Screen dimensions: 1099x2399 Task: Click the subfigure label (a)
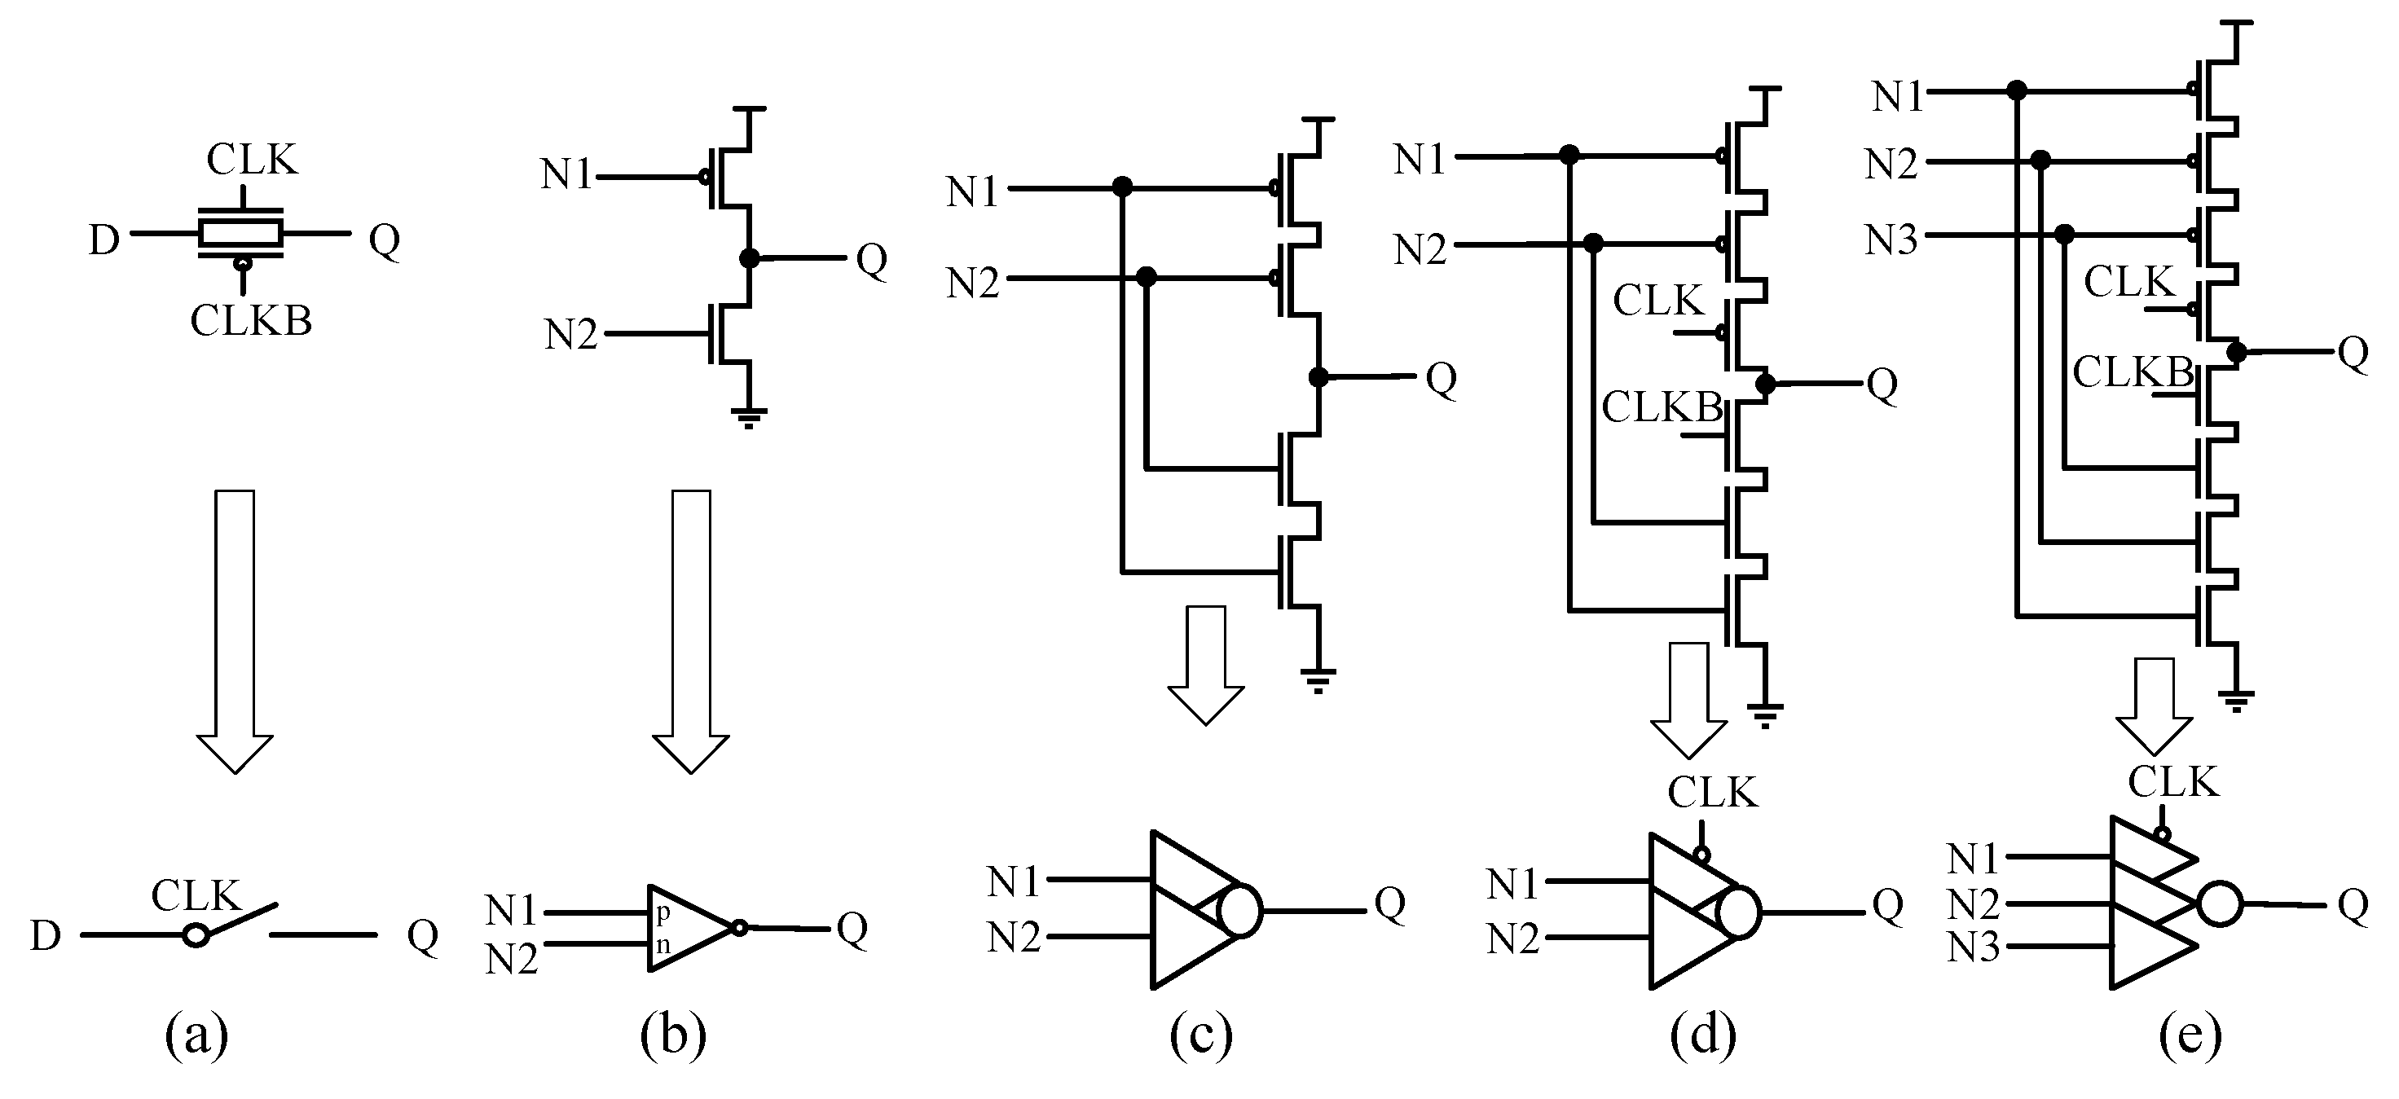click(x=196, y=1035)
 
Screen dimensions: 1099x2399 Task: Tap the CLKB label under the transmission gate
click(x=250, y=320)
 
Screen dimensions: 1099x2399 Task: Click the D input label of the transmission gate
click(x=104, y=240)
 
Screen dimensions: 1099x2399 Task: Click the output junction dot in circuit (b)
click(x=749, y=258)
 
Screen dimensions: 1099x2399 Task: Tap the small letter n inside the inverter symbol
click(x=663, y=945)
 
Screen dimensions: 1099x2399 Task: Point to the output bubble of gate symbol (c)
click(x=1239, y=910)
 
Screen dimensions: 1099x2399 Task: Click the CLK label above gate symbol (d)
click(x=1712, y=793)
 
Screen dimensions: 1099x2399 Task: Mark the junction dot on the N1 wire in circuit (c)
click(x=1122, y=188)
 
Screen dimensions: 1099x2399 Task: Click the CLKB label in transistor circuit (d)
click(x=1662, y=407)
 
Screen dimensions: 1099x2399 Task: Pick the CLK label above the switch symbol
click(x=196, y=896)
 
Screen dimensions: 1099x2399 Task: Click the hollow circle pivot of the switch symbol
click(x=196, y=935)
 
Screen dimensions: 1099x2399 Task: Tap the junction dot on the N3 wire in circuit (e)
click(x=2065, y=233)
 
